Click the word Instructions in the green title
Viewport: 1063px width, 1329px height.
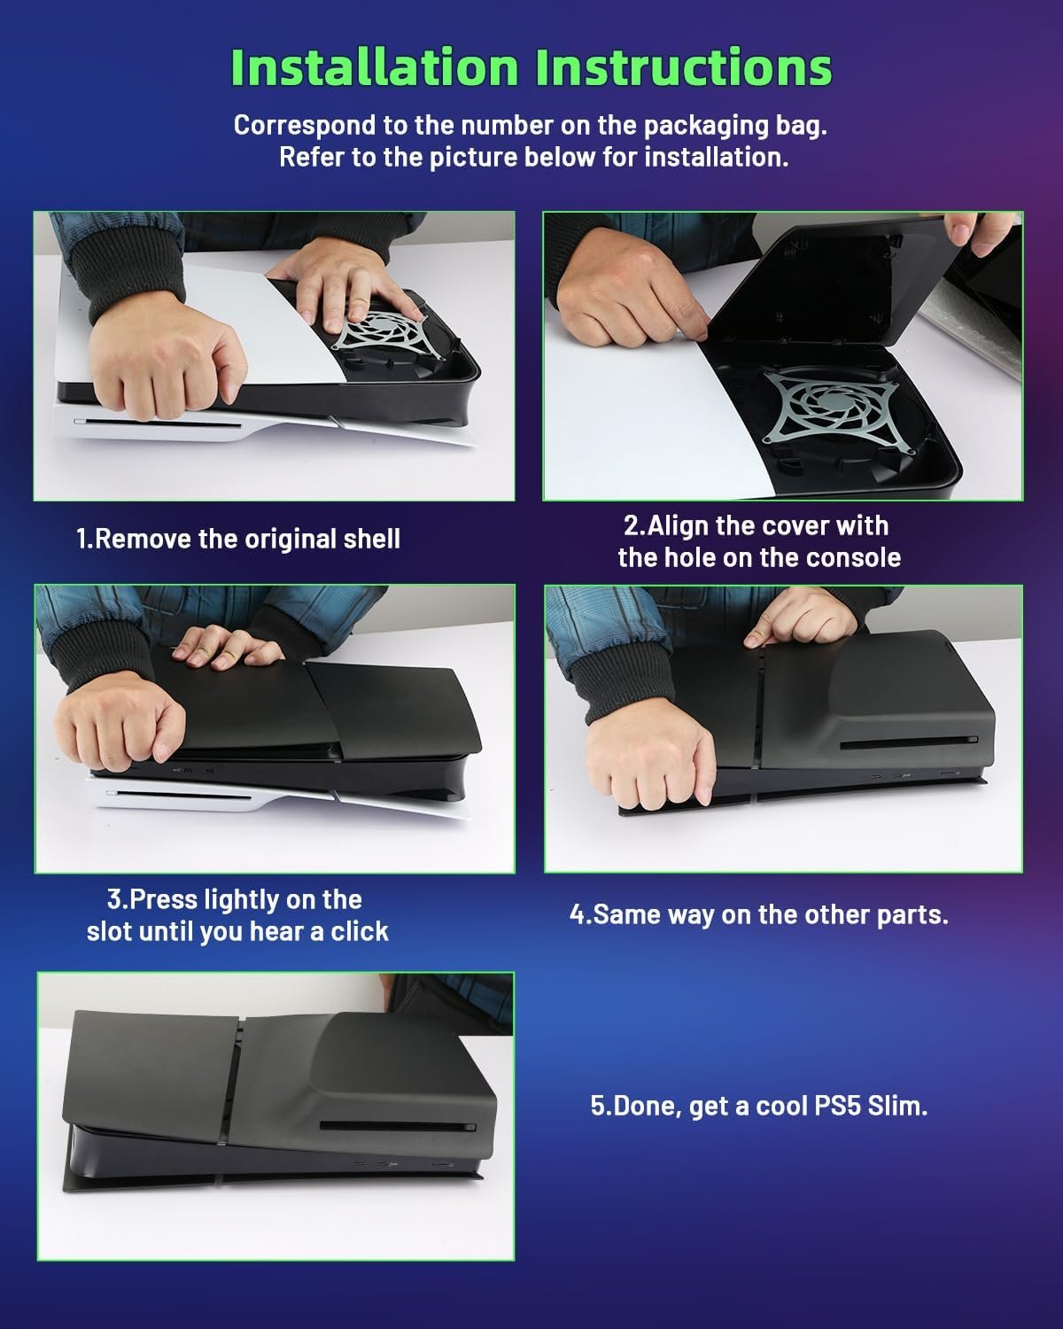(x=684, y=67)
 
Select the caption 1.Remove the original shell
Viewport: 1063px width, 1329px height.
(x=238, y=539)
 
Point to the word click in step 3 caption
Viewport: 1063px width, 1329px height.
(x=360, y=931)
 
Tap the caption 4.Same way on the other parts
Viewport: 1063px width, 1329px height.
(x=758, y=914)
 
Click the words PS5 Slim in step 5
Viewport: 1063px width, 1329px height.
(x=871, y=1106)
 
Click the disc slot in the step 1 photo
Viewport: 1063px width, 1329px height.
(x=157, y=424)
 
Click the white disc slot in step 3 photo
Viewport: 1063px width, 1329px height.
(x=179, y=794)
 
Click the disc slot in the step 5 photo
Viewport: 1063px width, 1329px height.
(x=398, y=1126)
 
